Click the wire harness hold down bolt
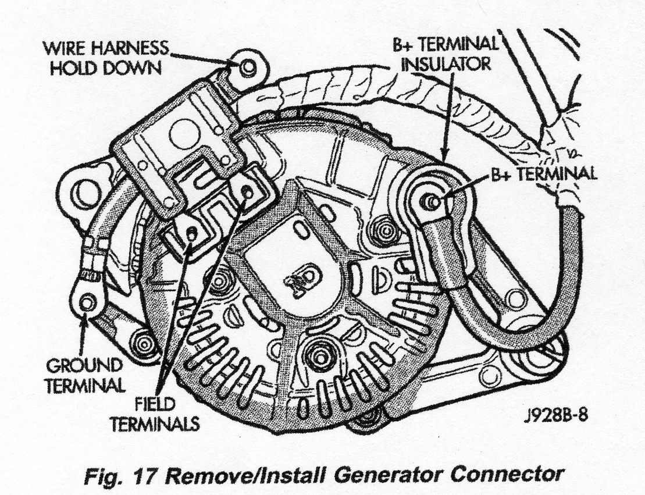(248, 66)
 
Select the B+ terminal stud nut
(431, 201)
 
